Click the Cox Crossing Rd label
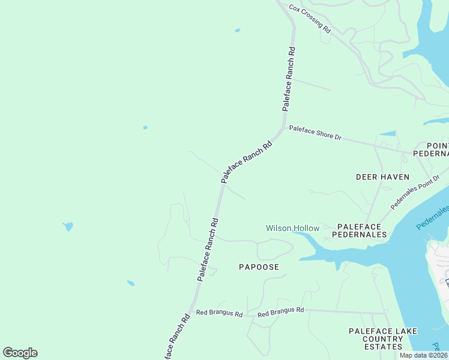tap(310, 18)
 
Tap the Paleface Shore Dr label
tap(315, 133)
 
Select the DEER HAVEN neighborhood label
tap(382, 177)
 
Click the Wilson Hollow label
tap(293, 229)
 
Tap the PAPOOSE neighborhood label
tap(259, 266)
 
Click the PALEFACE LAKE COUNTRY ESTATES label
tap(383, 339)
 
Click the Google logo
tap(20, 353)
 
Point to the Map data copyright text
tap(423, 355)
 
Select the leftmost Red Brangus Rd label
tap(219, 314)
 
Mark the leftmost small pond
tap(68, 226)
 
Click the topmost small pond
tap(238, 30)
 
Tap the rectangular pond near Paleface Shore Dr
tap(388, 133)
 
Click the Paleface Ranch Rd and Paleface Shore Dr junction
tap(283, 128)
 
